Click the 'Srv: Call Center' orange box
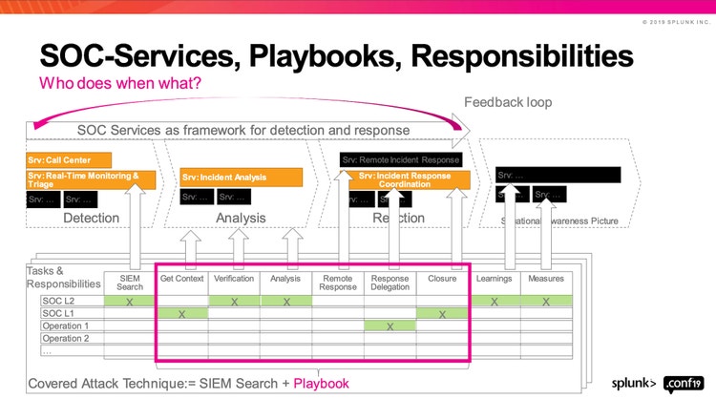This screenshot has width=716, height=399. point(70,160)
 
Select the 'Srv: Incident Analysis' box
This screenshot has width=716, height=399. point(242,178)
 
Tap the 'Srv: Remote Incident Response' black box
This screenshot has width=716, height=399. point(402,160)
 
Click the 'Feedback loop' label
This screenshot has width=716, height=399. point(508,102)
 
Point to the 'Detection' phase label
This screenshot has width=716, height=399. point(92,219)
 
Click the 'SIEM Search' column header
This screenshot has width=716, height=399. point(130,283)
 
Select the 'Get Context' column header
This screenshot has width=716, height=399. point(181,279)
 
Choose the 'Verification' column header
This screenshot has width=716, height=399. point(234,279)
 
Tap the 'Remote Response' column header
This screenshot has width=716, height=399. point(338,283)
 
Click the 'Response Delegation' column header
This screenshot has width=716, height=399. point(390,283)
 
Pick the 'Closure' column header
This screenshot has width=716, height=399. point(442,279)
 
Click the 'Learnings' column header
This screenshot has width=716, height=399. point(495,279)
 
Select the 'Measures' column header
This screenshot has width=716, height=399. point(546,279)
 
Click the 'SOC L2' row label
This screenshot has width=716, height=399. point(58,301)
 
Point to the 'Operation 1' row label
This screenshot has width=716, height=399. point(66,325)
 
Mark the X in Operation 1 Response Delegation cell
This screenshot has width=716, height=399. point(390,326)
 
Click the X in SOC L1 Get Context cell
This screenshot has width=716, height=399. point(181,314)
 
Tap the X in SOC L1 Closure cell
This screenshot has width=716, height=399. point(442,314)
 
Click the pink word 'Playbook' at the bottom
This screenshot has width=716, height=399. point(321,384)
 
